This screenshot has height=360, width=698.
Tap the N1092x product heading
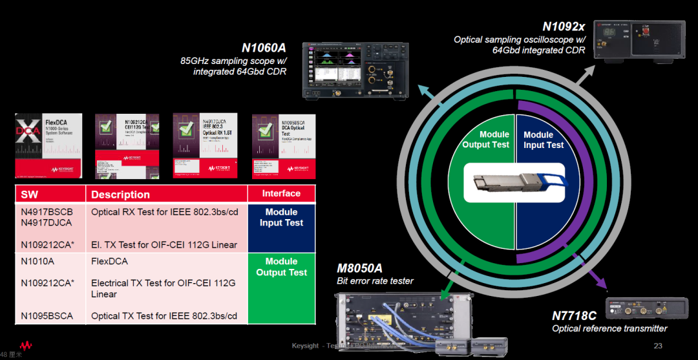[x=564, y=26]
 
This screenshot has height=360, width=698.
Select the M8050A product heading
[x=359, y=268]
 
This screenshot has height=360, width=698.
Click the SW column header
[x=30, y=194]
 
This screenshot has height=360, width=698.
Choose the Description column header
[x=120, y=194]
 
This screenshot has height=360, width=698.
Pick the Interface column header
[x=281, y=193]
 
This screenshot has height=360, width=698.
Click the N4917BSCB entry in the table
[x=47, y=211]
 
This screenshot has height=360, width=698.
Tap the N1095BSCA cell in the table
[x=47, y=316]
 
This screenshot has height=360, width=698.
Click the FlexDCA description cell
[x=109, y=261]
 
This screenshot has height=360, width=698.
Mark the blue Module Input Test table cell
[x=281, y=217]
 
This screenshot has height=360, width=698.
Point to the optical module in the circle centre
[x=514, y=184]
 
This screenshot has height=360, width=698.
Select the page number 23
[x=658, y=346]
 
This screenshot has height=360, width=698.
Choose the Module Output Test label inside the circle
[x=485, y=140]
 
